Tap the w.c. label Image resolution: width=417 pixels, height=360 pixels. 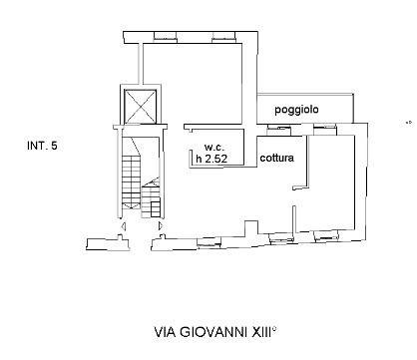206,144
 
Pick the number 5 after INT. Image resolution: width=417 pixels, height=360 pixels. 55,147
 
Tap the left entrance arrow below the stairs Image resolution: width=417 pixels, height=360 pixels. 123,227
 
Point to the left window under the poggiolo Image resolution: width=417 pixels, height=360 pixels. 274,127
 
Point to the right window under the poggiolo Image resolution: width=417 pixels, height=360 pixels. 325,127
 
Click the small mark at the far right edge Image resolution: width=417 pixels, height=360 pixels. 407,124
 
